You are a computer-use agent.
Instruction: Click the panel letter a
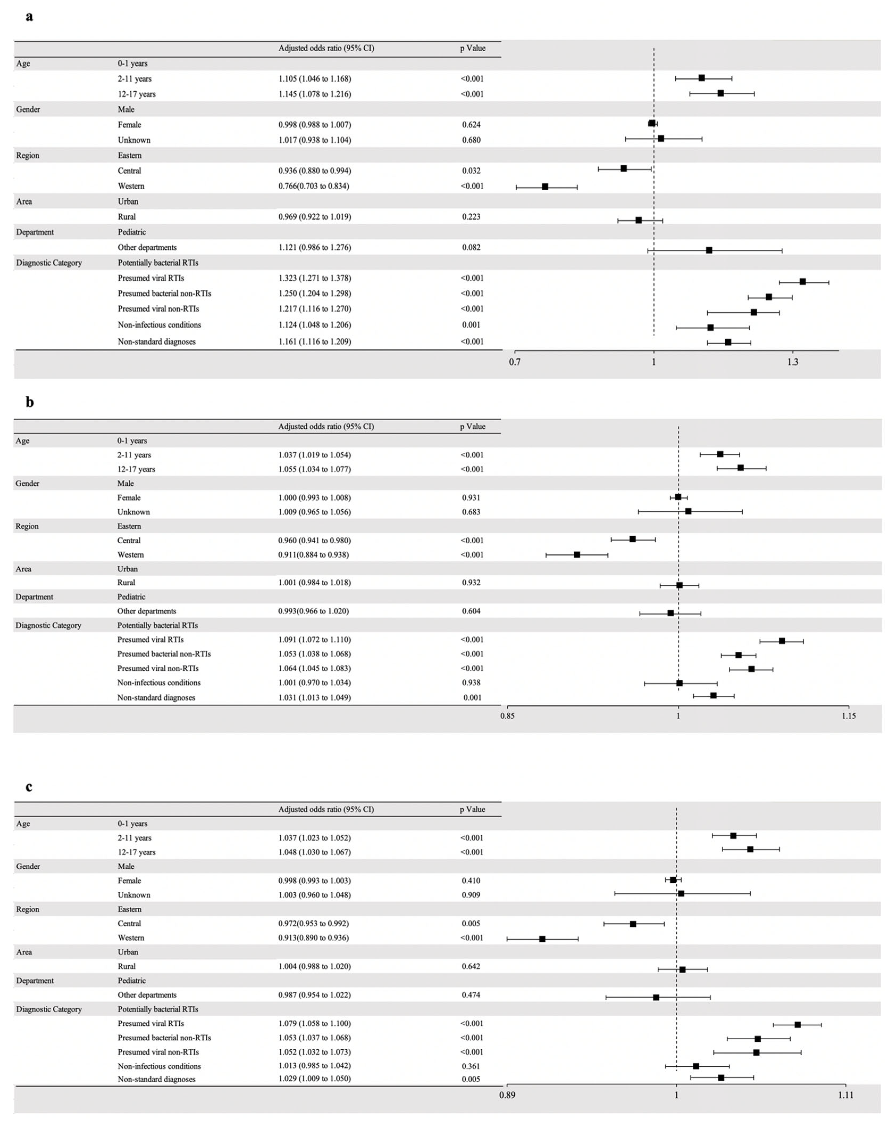click(29, 17)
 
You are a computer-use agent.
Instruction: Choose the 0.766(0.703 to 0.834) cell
click(313, 186)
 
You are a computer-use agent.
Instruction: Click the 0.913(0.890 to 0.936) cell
click(313, 938)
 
